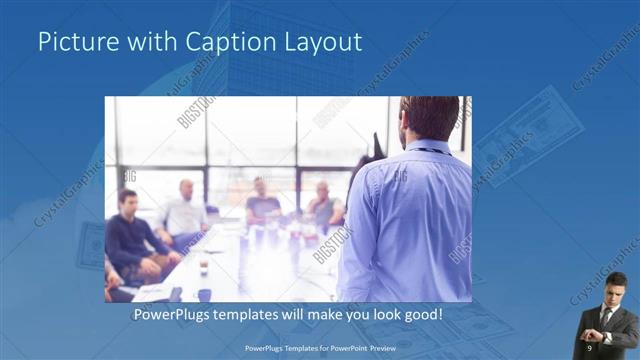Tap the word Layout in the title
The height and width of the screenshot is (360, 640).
point(323,42)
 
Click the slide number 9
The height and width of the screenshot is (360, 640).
point(589,347)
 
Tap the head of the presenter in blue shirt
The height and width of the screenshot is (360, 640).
point(428,119)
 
